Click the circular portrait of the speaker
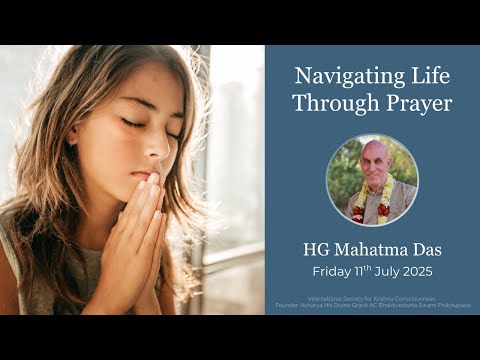pyautogui.click(x=372, y=180)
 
